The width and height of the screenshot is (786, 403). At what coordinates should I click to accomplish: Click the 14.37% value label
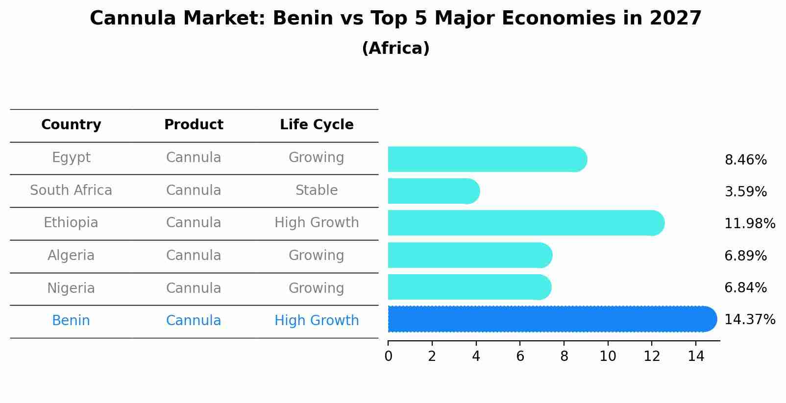click(749, 320)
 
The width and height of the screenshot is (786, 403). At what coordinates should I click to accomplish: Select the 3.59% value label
click(745, 192)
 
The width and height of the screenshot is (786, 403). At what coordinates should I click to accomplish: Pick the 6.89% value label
click(745, 256)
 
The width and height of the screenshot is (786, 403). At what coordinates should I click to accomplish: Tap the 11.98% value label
click(749, 224)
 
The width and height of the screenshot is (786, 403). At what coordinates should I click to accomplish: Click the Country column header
click(71, 125)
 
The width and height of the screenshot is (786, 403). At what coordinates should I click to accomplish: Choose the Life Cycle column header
click(317, 125)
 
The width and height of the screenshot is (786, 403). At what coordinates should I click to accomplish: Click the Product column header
click(194, 125)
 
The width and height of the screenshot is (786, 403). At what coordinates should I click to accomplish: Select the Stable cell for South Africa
click(317, 190)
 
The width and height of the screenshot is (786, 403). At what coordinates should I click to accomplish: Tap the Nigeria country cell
click(71, 288)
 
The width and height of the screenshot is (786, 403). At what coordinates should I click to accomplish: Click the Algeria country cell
click(71, 256)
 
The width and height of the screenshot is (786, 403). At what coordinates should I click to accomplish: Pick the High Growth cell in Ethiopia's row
click(317, 223)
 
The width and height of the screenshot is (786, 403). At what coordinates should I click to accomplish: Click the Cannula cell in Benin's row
click(194, 321)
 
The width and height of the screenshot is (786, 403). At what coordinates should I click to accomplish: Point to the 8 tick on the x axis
click(564, 356)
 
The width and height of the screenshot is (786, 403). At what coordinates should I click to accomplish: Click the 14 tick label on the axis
click(696, 356)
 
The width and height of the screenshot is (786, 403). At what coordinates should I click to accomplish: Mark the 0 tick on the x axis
click(389, 356)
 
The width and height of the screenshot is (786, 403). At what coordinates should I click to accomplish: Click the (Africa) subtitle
click(395, 48)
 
